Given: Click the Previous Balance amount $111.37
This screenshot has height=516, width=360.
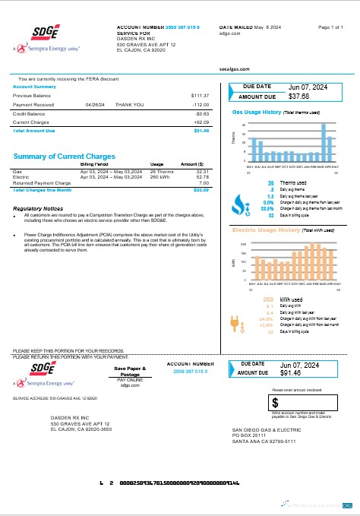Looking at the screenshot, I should (x=199, y=96).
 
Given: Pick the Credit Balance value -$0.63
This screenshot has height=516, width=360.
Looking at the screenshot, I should (x=201, y=113).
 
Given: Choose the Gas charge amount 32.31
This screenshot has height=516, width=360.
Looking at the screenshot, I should (x=202, y=173).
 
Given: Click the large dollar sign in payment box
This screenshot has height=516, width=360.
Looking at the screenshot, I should (x=276, y=401).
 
